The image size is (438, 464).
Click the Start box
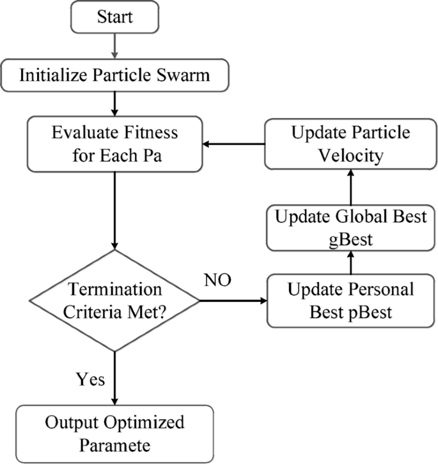[x=114, y=17]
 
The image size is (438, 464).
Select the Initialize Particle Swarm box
[x=114, y=75]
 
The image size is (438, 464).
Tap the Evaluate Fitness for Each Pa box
[x=114, y=144]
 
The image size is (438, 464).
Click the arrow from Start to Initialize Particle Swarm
[x=114, y=45]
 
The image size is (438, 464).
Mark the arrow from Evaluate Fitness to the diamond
[x=114, y=210]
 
